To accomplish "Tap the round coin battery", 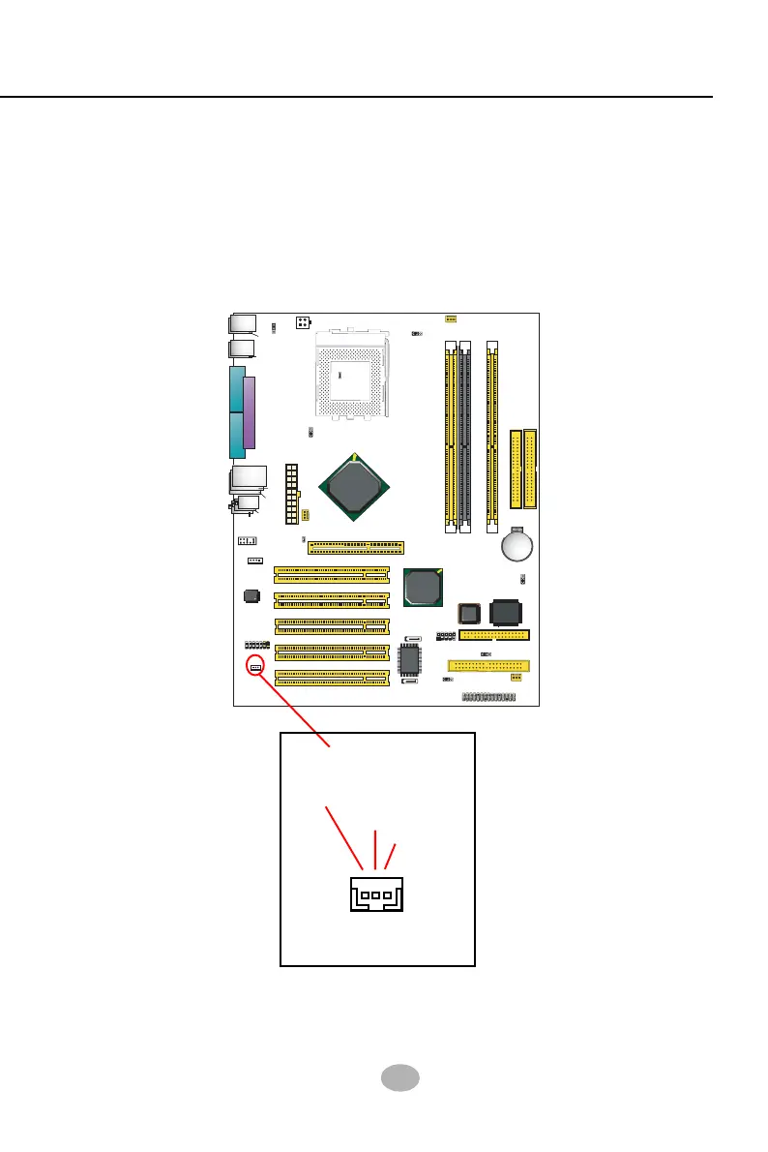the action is [518, 546].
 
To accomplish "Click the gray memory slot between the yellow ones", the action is [464, 436].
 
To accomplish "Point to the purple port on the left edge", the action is [250, 413].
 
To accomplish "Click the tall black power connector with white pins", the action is [289, 495].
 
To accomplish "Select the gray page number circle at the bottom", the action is [397, 1078].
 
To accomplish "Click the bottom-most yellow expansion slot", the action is [332, 676].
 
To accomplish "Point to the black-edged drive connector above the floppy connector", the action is [494, 636].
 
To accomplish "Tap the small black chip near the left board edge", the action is [251, 595].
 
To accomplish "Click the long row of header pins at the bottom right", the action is [494, 697].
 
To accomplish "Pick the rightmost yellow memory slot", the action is [493, 436].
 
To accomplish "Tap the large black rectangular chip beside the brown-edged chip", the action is [508, 613].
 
